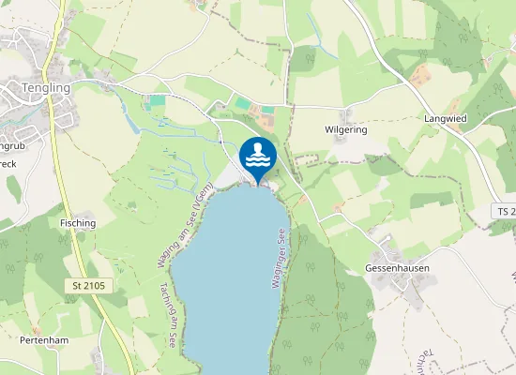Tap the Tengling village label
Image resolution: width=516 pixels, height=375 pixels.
click(x=46, y=87)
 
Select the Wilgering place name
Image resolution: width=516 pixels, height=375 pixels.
click(x=345, y=129)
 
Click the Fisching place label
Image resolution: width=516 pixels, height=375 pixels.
click(x=77, y=223)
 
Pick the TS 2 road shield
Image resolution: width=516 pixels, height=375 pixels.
click(x=504, y=214)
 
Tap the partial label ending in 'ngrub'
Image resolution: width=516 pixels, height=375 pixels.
click(x=12, y=146)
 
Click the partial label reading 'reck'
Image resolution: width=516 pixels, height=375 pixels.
click(x=8, y=163)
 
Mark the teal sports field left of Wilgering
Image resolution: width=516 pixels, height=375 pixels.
click(x=243, y=103)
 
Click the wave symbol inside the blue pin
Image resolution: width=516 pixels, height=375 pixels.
click(x=257, y=161)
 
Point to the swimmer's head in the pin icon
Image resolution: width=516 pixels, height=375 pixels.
click(x=257, y=148)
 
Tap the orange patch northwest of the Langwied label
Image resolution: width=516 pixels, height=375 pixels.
click(x=419, y=72)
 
